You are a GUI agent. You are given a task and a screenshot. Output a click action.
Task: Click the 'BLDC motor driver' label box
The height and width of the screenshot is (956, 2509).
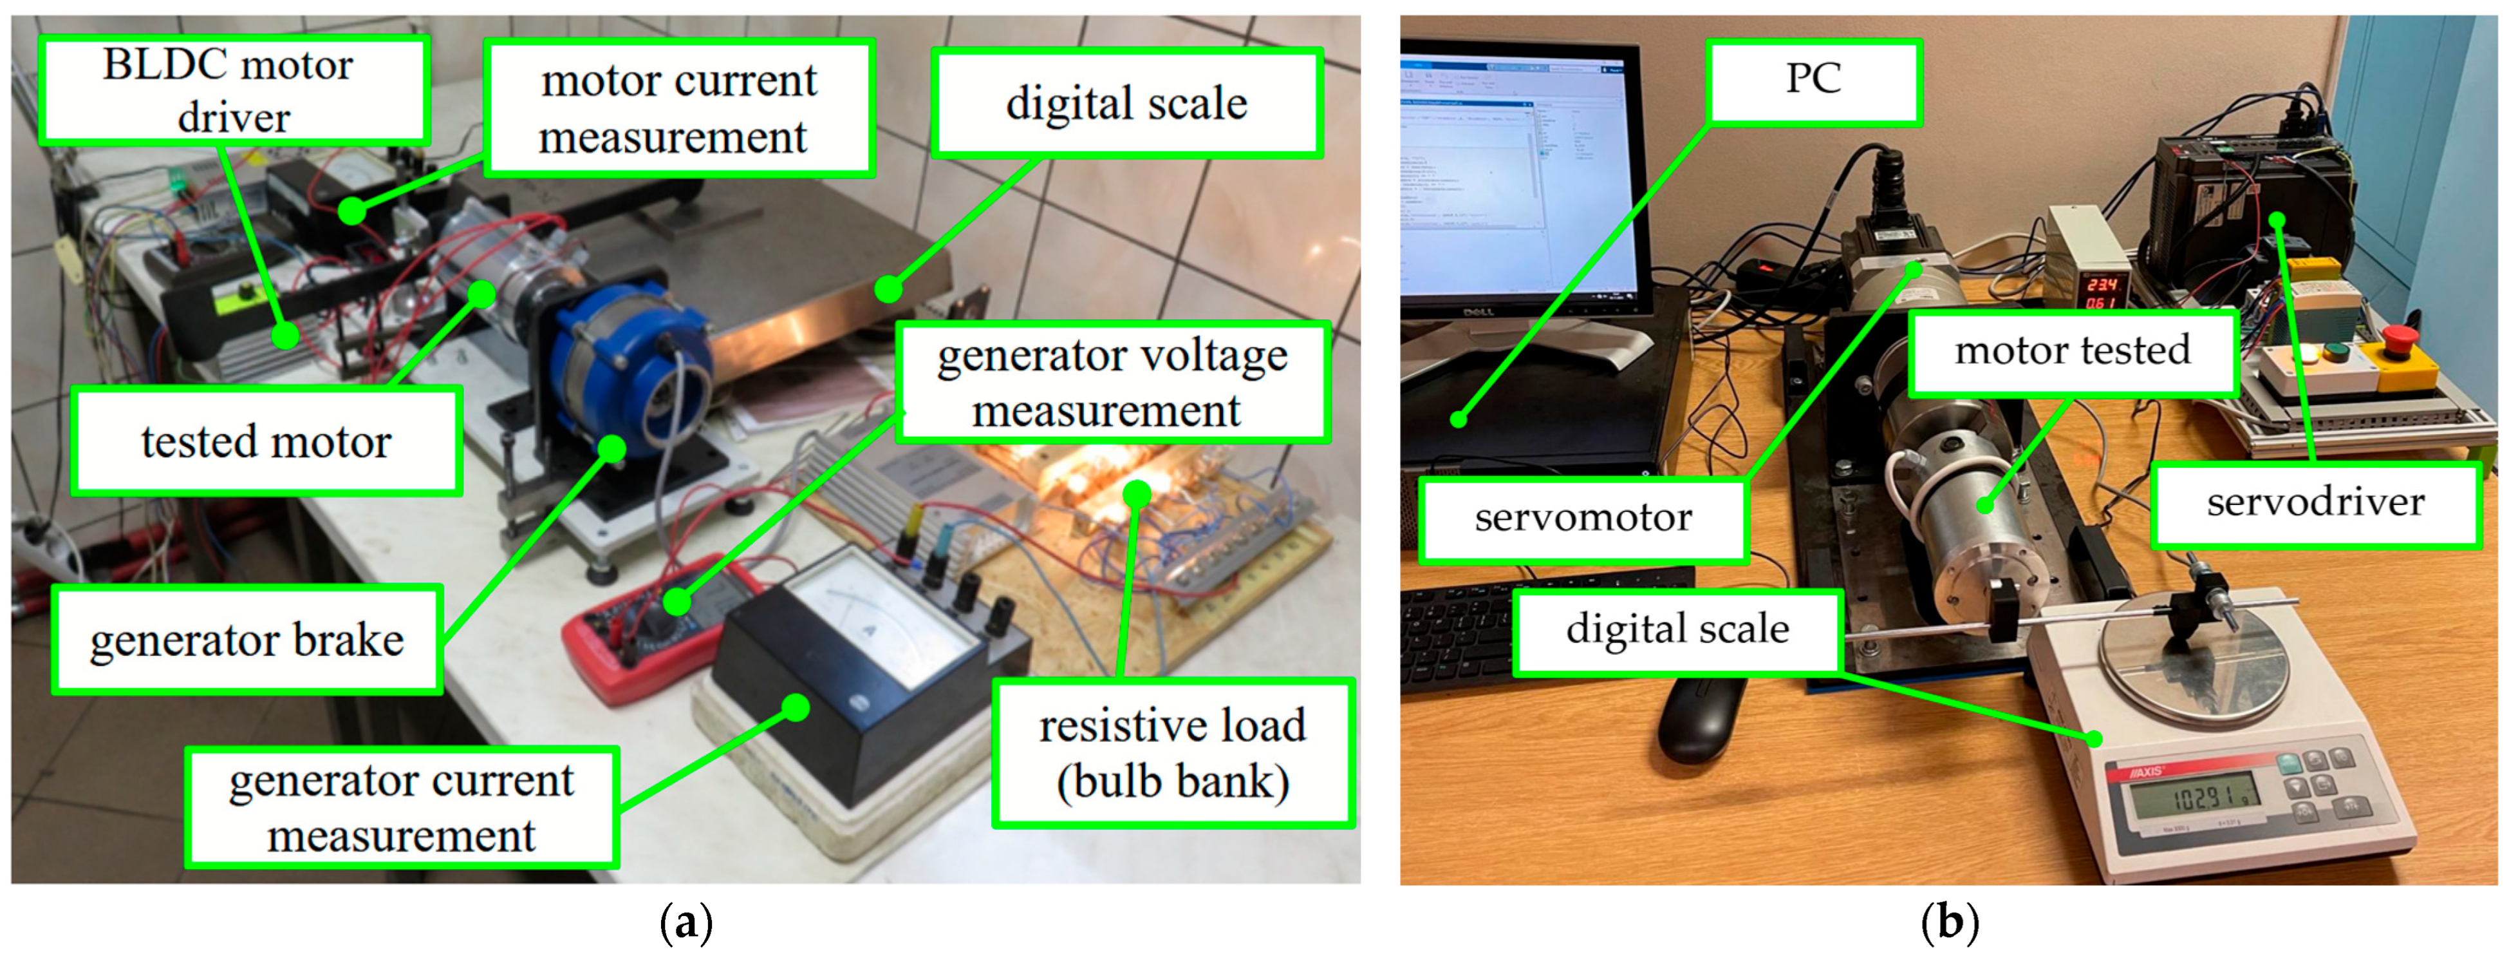(234, 91)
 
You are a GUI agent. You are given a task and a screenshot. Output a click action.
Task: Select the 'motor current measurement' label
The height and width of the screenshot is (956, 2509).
(679, 108)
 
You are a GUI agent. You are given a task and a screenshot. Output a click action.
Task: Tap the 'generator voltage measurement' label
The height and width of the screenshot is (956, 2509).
(1112, 382)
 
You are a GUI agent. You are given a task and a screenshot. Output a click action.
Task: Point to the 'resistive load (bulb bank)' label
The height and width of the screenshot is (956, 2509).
(1173, 753)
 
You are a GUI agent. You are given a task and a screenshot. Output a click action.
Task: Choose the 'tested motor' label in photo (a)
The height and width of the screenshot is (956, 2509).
(266, 441)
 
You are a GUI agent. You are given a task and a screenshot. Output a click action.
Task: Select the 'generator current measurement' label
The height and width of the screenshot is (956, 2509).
(401, 807)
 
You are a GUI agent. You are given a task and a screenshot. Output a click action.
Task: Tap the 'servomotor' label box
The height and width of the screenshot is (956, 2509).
(1583, 519)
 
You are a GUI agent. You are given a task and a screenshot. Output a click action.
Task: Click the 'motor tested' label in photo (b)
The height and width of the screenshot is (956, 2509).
(2072, 352)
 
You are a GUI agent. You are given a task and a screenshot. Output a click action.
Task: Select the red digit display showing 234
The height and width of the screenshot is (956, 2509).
(2102, 285)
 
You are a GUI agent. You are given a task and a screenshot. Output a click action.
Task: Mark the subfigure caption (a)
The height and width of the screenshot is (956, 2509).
(686, 922)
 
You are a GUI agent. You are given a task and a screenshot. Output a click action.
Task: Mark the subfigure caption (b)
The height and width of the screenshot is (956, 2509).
(1950, 922)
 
